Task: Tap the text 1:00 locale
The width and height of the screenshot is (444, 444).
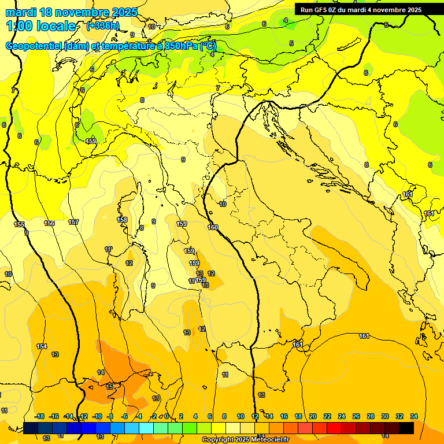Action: (x=41, y=26)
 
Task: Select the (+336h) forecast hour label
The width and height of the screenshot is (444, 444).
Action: (x=102, y=25)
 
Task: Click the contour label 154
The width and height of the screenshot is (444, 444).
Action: (x=42, y=346)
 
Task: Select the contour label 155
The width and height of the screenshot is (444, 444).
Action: (x=20, y=224)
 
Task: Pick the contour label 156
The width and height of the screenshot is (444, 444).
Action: (x=49, y=223)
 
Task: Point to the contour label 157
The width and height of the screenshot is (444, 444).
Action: (x=73, y=222)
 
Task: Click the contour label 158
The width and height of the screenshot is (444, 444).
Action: (x=122, y=220)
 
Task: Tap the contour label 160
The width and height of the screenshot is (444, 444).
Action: (x=213, y=227)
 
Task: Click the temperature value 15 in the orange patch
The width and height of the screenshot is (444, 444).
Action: (x=110, y=386)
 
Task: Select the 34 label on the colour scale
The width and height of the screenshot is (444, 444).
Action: (x=413, y=416)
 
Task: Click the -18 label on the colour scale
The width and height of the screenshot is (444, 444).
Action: (x=39, y=416)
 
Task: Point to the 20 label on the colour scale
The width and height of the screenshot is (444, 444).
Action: (x=312, y=416)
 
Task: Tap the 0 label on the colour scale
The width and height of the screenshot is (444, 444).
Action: (x=166, y=416)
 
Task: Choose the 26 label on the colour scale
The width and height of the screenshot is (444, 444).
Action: (x=356, y=416)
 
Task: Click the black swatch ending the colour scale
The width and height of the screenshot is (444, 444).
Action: (x=406, y=428)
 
